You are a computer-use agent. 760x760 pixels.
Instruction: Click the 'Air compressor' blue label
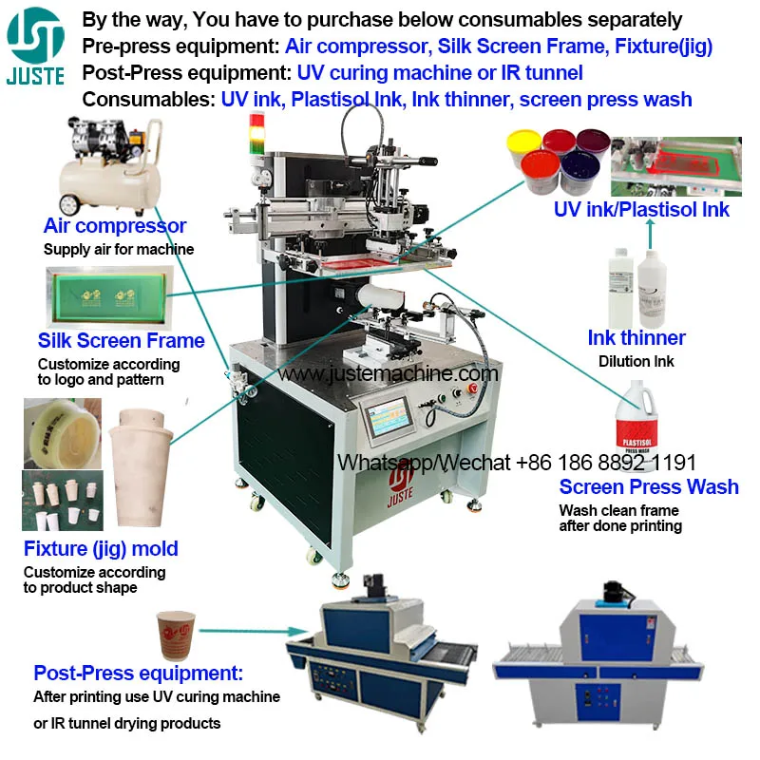(x=115, y=226)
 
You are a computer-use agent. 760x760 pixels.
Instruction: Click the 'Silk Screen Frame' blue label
(x=121, y=341)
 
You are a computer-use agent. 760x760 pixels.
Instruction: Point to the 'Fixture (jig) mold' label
(x=101, y=549)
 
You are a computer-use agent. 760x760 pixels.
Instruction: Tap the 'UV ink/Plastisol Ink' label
(x=641, y=210)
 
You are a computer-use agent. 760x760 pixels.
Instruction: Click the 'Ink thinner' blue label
(x=636, y=338)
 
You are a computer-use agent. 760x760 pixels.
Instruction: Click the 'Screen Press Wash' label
(x=648, y=487)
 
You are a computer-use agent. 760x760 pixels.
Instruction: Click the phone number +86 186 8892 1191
(x=606, y=463)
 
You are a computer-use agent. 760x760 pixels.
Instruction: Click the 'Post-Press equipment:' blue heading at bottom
(x=139, y=674)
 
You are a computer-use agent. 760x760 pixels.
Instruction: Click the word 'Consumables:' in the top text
(x=148, y=98)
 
